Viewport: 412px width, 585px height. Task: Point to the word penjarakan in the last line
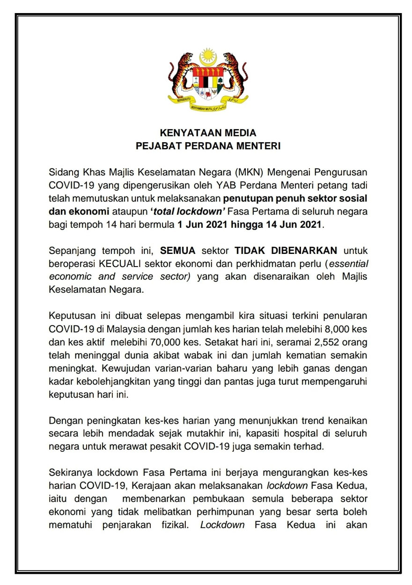(x=127, y=525)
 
